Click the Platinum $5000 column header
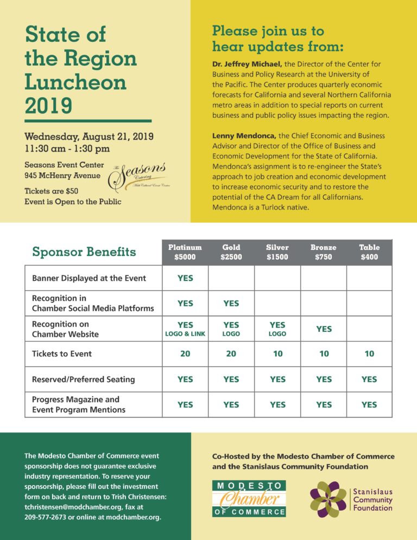(x=185, y=252)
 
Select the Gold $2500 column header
(x=231, y=252)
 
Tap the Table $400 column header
(x=369, y=252)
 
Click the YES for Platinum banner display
(x=185, y=278)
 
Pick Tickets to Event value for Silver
(x=277, y=354)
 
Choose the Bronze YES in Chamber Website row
(x=324, y=329)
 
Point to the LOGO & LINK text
(x=185, y=334)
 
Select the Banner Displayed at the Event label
(x=89, y=278)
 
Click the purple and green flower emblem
(x=328, y=499)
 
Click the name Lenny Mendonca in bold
(x=244, y=135)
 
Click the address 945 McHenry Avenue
(x=62, y=175)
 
